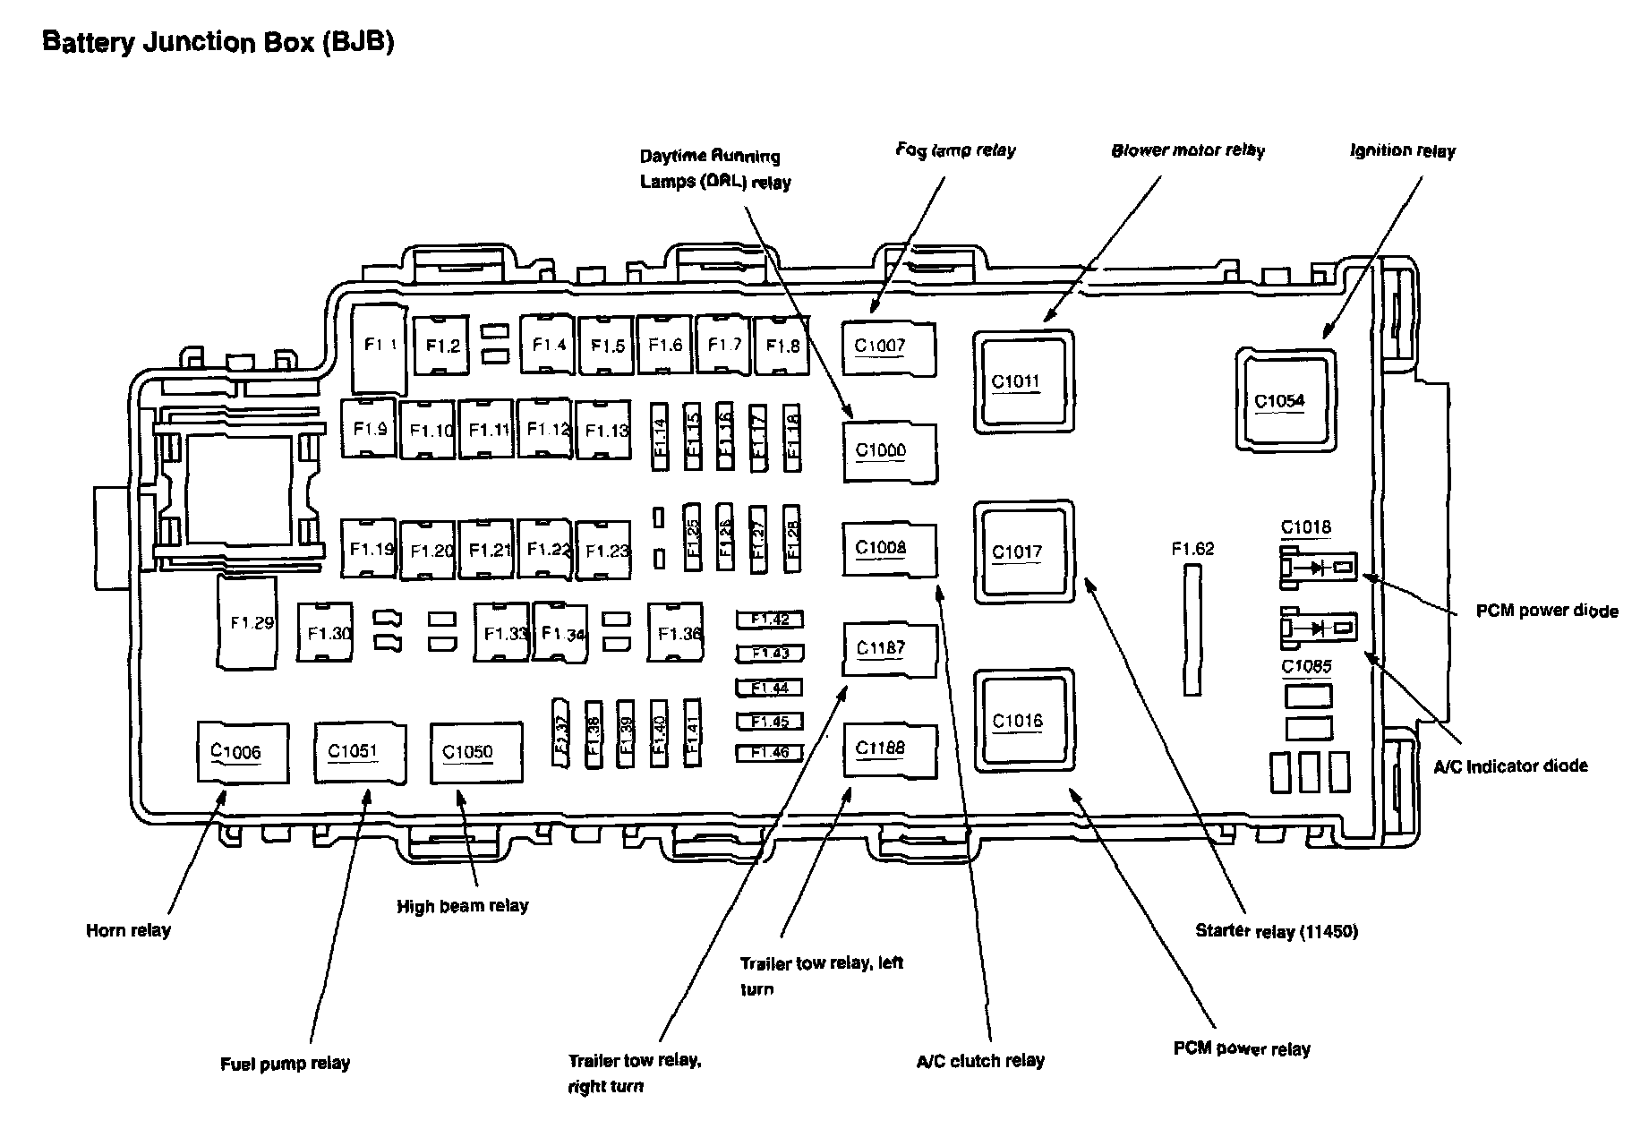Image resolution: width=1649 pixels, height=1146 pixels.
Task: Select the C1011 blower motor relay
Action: [1023, 381]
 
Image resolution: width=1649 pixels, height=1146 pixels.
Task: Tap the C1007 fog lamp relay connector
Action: [888, 347]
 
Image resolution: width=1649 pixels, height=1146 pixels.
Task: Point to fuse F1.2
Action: [441, 345]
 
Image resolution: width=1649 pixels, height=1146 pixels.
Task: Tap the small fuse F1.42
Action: [769, 620]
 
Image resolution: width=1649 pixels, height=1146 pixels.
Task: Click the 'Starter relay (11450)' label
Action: [1276, 931]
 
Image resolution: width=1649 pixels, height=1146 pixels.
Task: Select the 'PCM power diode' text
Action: [1546, 611]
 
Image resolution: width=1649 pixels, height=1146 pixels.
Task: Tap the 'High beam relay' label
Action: [463, 906]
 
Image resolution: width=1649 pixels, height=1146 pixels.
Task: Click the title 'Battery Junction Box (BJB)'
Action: [218, 42]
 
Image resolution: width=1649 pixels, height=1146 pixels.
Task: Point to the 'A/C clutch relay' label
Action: [980, 1061]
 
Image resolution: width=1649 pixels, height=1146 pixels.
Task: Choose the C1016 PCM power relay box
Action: [1023, 720]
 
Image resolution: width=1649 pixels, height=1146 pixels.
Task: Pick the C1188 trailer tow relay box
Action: [888, 748]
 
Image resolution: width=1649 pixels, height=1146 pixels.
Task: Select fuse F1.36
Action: [678, 632]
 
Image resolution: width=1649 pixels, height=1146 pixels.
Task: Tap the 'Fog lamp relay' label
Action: [955, 150]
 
